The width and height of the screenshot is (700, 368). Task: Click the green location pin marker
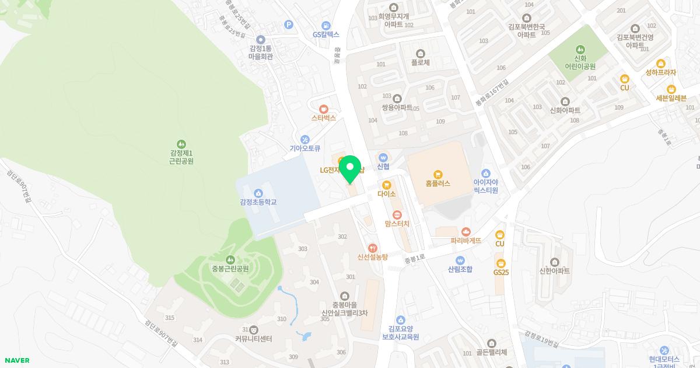pyautogui.click(x=350, y=168)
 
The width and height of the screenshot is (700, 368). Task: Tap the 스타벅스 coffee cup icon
pyautogui.click(x=324, y=108)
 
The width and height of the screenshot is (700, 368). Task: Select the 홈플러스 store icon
pyautogui.click(x=438, y=174)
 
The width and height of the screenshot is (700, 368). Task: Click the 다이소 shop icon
pyautogui.click(x=386, y=185)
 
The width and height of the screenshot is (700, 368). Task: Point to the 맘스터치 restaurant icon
pyautogui.click(x=397, y=214)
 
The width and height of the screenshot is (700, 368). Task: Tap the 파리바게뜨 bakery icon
pyautogui.click(x=466, y=232)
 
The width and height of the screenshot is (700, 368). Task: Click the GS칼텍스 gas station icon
pyautogui.click(x=325, y=25)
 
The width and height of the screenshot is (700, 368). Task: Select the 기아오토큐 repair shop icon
pyautogui.click(x=305, y=139)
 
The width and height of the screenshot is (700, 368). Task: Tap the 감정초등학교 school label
pyautogui.click(x=258, y=202)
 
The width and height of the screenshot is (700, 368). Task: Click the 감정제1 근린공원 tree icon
pyautogui.click(x=181, y=143)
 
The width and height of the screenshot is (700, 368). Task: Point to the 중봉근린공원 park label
pyautogui.click(x=230, y=269)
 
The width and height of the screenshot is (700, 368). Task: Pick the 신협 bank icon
pyautogui.click(x=383, y=157)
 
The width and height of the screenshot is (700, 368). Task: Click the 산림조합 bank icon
pyautogui.click(x=460, y=260)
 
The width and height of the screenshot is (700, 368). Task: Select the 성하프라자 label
pyautogui.click(x=660, y=72)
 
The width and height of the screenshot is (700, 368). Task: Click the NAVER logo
pyautogui.click(x=17, y=360)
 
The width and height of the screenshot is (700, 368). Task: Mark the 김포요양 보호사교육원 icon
pyautogui.click(x=400, y=320)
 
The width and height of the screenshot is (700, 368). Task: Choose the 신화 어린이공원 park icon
pyautogui.click(x=580, y=50)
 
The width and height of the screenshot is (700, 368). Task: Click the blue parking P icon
pyautogui.click(x=288, y=24)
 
